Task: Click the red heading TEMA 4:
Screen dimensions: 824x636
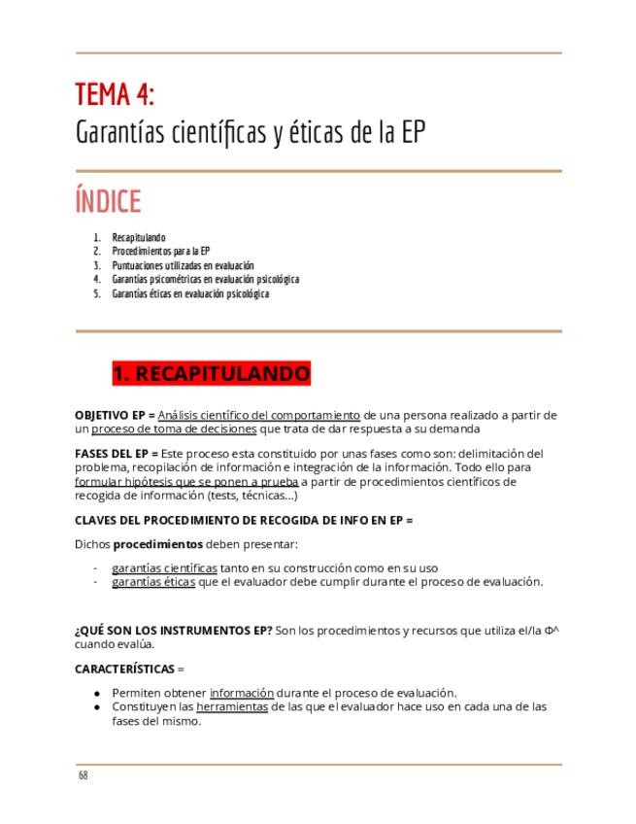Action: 115,95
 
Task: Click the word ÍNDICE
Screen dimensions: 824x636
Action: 108,202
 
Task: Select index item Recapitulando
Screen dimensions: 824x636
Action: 139,238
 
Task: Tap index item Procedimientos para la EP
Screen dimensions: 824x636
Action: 154,252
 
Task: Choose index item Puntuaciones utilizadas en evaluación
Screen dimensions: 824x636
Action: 183,265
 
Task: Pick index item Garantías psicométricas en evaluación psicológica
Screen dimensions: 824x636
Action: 205,280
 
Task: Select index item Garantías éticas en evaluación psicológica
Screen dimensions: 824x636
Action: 190,293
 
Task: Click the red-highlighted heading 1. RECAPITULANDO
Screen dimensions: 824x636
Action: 211,374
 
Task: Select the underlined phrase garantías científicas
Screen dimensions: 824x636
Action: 164,567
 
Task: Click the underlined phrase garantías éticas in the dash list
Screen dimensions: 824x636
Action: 152,582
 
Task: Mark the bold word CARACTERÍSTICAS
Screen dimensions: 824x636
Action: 124,669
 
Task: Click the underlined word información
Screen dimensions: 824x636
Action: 241,693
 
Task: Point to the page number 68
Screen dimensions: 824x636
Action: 84,775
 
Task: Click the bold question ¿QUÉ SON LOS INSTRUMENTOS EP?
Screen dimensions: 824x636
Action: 174,631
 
